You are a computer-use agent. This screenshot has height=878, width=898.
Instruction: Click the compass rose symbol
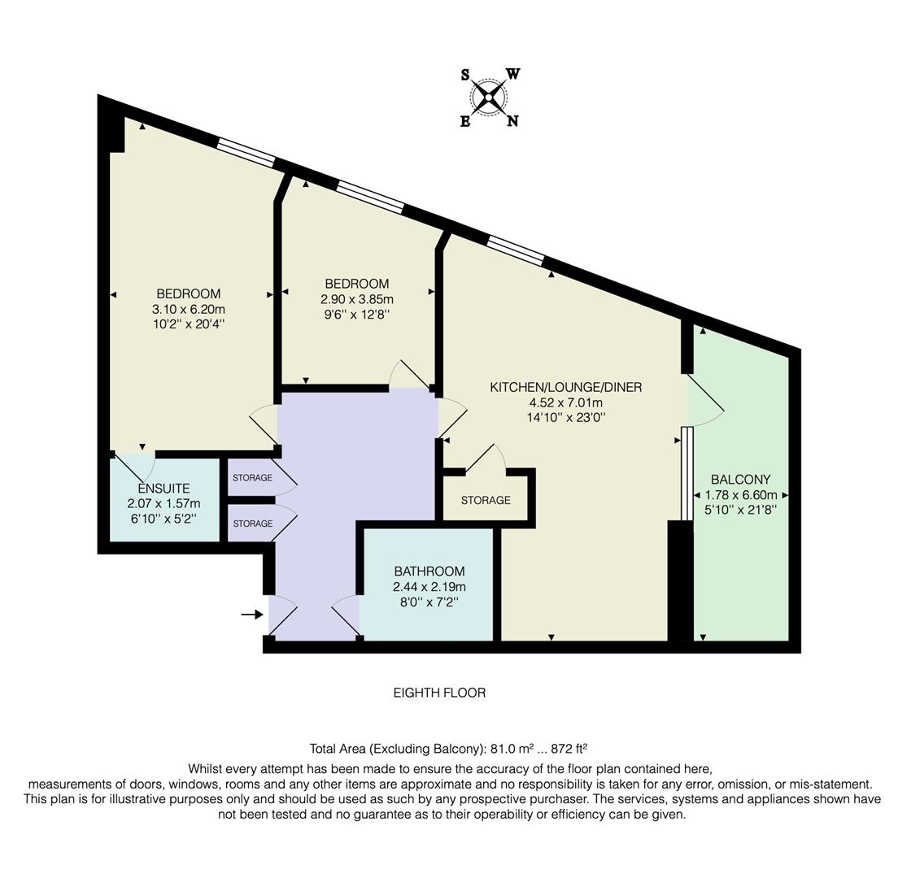489,98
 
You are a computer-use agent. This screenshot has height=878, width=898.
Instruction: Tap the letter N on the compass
512,122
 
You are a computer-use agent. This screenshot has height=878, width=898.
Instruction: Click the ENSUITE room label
163,489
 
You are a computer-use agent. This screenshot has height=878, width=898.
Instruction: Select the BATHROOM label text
429,572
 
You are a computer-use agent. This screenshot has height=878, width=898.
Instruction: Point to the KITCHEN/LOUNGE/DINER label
565,387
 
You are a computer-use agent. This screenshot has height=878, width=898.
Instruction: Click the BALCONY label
740,480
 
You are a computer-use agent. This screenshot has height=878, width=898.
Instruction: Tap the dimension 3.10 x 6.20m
189,309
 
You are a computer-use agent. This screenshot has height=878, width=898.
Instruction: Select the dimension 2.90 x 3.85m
356,299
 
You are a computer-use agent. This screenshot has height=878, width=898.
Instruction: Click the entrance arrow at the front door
251,615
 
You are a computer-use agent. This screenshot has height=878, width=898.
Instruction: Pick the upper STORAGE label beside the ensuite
252,478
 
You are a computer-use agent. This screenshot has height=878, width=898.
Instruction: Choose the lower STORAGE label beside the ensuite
252,524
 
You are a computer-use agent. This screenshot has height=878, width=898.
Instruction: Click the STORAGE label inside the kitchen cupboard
486,500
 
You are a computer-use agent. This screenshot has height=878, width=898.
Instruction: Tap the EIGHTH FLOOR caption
439,693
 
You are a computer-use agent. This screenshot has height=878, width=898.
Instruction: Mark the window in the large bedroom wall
246,152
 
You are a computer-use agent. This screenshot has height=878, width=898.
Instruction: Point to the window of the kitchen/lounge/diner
516,250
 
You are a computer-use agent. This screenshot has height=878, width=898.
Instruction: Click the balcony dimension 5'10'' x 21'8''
740,511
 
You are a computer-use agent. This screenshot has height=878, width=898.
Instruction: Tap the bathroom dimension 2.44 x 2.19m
429,587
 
